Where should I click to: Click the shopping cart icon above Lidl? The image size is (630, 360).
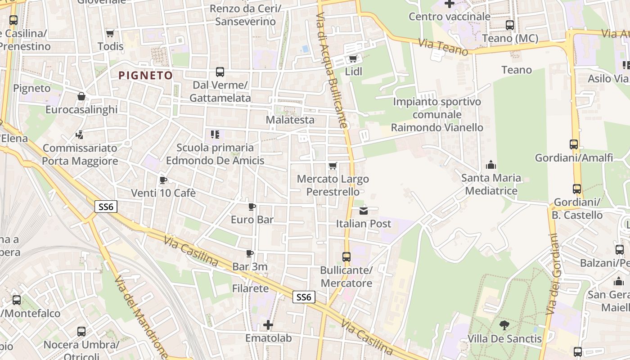coord(353,59)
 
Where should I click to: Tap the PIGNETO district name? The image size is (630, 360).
coord(145,75)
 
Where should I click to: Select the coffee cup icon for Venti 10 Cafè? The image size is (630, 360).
coord(163,180)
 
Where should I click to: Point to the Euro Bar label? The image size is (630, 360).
coord(252,220)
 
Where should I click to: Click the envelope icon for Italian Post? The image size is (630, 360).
coord(364,211)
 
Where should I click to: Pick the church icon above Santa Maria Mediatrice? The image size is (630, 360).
coord(491,165)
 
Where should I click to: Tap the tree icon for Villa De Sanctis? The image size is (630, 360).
coord(504,325)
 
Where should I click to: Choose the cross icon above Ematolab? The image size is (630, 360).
coord(268,324)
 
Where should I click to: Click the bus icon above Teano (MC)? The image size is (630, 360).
coord(510,25)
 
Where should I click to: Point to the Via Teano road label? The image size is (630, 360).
coord(443,47)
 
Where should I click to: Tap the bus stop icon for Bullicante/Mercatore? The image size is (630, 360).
coord(346,257)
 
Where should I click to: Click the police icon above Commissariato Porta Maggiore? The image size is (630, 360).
coord(80,135)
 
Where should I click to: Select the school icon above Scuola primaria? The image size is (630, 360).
coord(215,134)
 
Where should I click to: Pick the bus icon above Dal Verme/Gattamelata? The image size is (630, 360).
coord(220,72)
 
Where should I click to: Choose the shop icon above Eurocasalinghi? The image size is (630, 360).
coord(81,96)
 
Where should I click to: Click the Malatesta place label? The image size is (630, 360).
coord(290,120)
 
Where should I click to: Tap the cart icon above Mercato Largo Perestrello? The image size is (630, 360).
coord(333,166)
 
